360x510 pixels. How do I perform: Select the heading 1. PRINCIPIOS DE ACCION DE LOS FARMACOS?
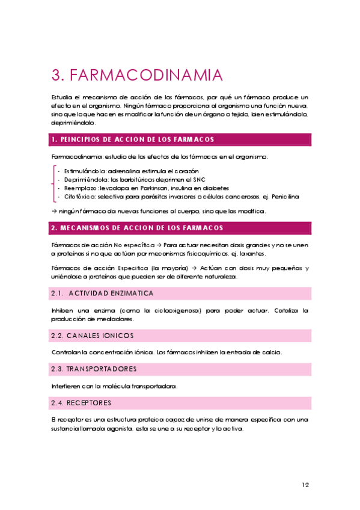[133, 140]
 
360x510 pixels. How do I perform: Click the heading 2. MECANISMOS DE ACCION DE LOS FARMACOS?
[137, 228]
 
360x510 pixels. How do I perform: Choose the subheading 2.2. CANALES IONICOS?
[93, 335]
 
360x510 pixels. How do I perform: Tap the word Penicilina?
[285, 196]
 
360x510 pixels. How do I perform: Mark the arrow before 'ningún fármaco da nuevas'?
[54, 211]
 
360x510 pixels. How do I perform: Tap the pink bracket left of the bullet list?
[53, 183]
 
